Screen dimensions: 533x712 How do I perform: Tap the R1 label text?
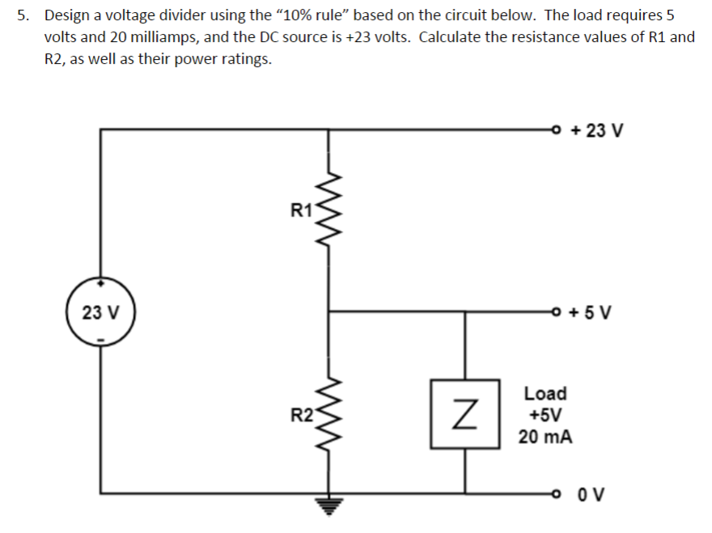[301, 212]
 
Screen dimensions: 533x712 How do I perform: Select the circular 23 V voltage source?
[100, 311]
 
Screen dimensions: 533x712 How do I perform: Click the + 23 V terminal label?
[597, 130]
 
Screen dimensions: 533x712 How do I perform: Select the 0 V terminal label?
[593, 493]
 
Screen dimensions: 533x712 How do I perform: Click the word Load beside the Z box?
[545, 394]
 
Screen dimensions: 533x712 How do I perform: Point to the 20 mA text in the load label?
[545, 438]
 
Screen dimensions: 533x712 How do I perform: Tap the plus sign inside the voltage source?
[100, 285]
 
